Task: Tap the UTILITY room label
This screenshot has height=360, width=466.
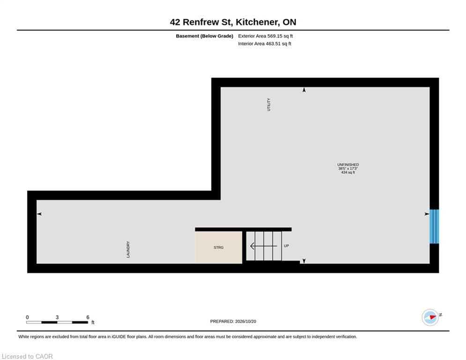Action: [269, 105]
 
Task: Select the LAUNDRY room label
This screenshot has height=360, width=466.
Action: [128, 249]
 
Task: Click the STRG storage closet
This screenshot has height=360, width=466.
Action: [218, 247]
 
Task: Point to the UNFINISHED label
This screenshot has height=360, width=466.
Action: [348, 165]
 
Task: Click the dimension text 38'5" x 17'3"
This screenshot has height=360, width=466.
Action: [348, 168]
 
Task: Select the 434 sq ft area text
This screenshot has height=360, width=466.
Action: [348, 172]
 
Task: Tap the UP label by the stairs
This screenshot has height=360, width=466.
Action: [286, 246]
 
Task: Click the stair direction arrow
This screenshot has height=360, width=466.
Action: [264, 246]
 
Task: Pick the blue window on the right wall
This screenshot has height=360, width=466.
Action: [434, 226]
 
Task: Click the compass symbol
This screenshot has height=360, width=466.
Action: [430, 317]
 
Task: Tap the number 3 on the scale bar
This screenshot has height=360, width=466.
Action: [57, 317]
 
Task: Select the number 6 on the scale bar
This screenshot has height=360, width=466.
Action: [88, 317]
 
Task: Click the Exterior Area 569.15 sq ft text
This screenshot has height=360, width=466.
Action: [266, 36]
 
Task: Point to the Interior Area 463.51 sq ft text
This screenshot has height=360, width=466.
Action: [265, 44]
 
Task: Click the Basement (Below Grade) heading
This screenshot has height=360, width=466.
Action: [205, 36]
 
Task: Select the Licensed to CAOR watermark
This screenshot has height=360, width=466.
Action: [27, 356]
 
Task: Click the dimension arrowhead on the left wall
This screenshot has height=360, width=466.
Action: [39, 214]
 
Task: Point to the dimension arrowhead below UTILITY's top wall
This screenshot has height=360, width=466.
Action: [304, 90]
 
